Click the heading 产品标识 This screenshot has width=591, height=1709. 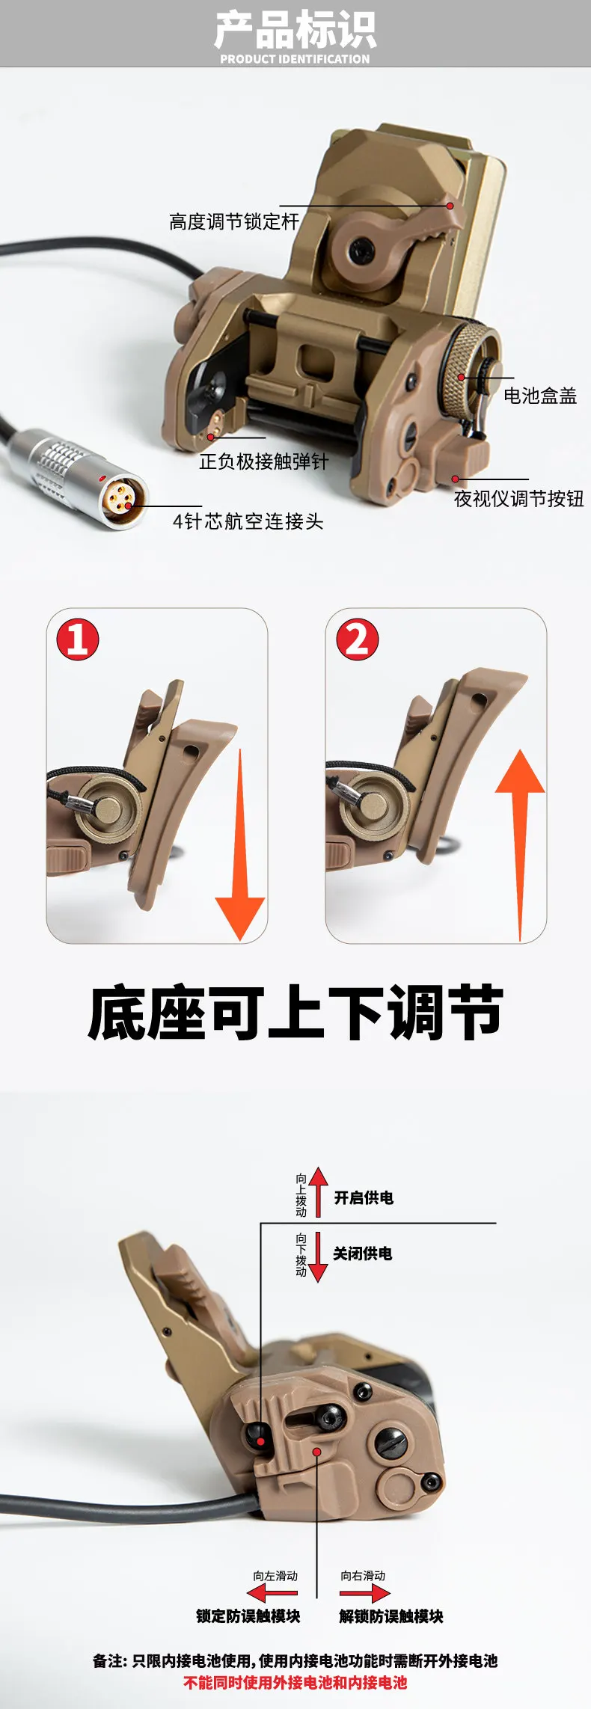[x=295, y=29]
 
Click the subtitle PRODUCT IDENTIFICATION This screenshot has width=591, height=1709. [x=295, y=59]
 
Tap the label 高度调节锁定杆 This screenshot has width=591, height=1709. [x=234, y=222]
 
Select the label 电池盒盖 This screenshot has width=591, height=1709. [x=540, y=396]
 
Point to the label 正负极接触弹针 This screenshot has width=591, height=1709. [x=263, y=461]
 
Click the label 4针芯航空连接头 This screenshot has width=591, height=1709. [x=248, y=521]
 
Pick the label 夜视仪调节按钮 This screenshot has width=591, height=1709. [x=518, y=499]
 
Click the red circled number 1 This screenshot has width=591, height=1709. [x=78, y=639]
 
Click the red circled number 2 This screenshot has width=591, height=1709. [x=357, y=639]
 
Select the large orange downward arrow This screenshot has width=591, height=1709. [x=240, y=845]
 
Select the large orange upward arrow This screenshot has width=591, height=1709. [x=520, y=845]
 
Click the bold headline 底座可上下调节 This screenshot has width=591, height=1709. [x=295, y=1013]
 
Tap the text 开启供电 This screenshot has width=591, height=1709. [x=364, y=1197]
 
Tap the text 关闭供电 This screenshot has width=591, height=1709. [x=363, y=1254]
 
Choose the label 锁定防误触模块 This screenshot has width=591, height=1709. [x=248, y=1616]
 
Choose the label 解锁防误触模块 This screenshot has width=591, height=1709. [x=391, y=1616]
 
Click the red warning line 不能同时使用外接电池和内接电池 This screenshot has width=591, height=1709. [x=295, y=1682]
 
